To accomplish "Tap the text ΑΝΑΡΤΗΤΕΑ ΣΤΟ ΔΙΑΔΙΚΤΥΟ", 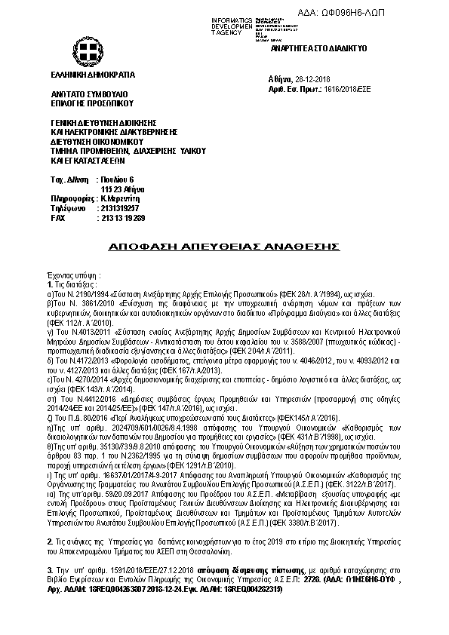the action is (318, 47).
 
